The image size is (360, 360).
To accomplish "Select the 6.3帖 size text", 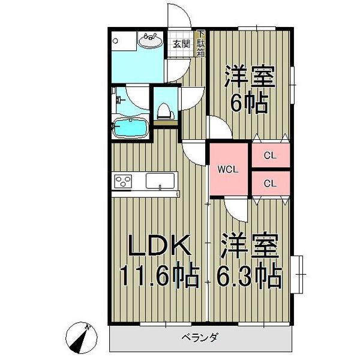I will click(x=250, y=275).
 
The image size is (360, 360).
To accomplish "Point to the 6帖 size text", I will click(x=250, y=104).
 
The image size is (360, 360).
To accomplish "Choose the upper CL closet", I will click(x=270, y=155).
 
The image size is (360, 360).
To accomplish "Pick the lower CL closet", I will click(x=270, y=183).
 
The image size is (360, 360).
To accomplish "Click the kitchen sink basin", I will click(x=160, y=181).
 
